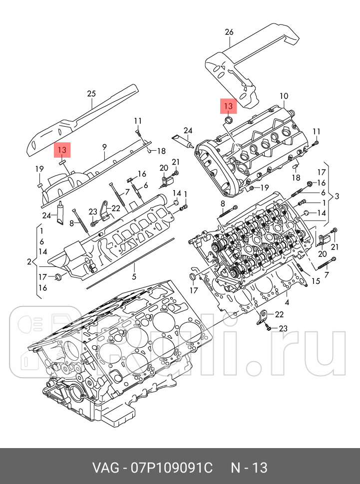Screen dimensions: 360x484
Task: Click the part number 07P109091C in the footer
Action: coord(172,468)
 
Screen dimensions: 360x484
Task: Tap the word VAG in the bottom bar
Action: coord(106,468)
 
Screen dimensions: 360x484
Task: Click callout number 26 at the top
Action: coord(229,32)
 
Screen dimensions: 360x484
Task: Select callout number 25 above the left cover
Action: coord(91,93)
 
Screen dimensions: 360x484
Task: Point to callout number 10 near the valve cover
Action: coord(284,96)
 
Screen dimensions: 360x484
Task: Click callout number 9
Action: coord(104,147)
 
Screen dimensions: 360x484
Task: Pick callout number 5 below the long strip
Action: coord(134,276)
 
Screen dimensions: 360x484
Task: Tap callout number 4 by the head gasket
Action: coord(287,302)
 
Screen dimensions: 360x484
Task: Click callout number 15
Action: coord(316,281)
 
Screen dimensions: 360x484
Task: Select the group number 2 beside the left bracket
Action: coord(29,262)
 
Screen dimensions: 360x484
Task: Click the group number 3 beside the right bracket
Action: coord(337,196)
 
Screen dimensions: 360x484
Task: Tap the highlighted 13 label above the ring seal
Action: coord(228,106)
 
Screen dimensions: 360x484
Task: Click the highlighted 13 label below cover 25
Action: coord(62,150)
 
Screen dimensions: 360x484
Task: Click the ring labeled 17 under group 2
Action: coord(58,277)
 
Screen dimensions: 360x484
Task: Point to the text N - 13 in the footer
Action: coord(249,468)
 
